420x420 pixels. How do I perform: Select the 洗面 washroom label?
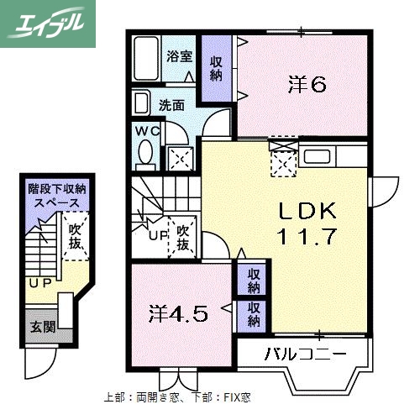(173, 106)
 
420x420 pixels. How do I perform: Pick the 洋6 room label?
(307, 84)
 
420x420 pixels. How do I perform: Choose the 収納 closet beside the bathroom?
(216, 67)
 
